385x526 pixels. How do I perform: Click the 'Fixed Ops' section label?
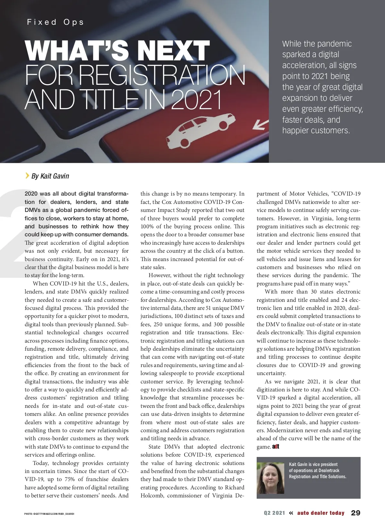tap(55, 22)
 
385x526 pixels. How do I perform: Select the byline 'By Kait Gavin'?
tap(50, 176)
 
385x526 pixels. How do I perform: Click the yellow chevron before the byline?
tap(27, 175)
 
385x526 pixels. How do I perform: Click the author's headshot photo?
tap(270, 478)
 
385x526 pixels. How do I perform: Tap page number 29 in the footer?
tap(355, 513)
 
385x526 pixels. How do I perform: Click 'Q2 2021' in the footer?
tap(274, 513)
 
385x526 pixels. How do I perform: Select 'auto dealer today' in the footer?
tap(321, 513)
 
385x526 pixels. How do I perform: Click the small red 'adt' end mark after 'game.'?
tap(276, 447)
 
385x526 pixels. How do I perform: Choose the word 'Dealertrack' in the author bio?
tap(329, 470)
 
